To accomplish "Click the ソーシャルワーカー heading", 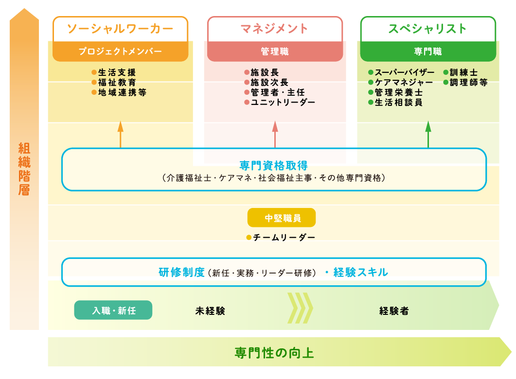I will click(x=120, y=29).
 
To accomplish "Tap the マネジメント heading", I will click(x=275, y=29).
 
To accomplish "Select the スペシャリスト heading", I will click(x=428, y=29).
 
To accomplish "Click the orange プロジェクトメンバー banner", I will click(x=120, y=52).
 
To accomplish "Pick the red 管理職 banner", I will click(x=275, y=52).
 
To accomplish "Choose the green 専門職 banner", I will click(x=428, y=52).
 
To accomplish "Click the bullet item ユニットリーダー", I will click(x=282, y=103).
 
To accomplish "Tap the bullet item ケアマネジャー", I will click(x=403, y=83).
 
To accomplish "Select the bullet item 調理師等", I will click(x=468, y=83).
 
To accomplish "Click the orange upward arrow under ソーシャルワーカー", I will click(x=121, y=134).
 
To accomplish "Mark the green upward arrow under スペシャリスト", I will click(x=428, y=134).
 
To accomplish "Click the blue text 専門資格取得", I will click(x=274, y=166).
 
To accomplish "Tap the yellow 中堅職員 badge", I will click(x=282, y=218).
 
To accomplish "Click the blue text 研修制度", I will click(x=181, y=272).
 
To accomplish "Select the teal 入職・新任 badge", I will click(x=113, y=310).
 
